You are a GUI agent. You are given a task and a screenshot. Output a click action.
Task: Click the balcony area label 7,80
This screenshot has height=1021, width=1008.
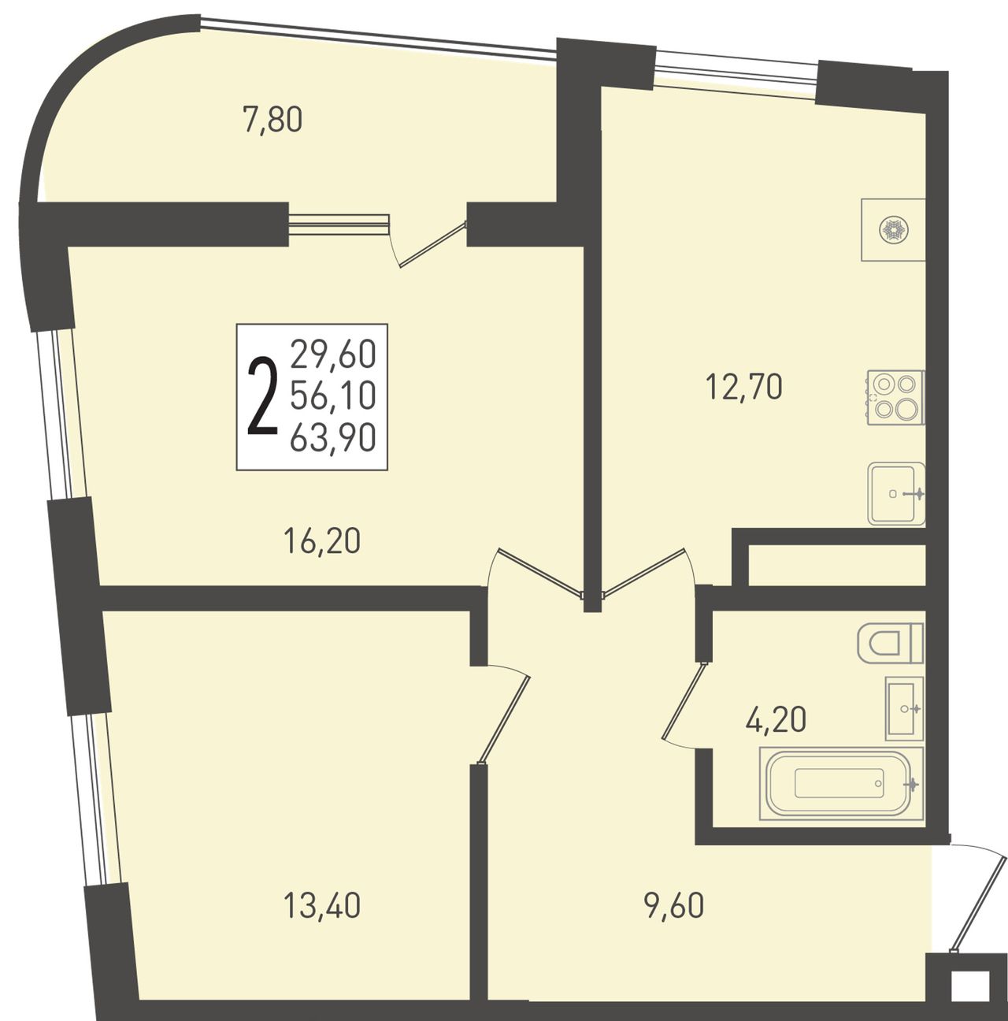click(x=272, y=120)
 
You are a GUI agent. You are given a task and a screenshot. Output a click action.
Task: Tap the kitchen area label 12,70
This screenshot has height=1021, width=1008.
click(x=744, y=387)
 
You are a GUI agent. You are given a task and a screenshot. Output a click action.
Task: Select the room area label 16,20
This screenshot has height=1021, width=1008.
click(x=322, y=541)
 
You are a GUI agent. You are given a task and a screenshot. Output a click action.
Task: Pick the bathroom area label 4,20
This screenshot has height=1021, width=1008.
click(x=776, y=719)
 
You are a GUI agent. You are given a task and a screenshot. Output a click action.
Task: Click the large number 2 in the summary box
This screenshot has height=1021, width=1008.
click(x=263, y=396)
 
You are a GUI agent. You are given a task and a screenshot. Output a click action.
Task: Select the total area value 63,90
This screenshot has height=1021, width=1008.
click(x=333, y=439)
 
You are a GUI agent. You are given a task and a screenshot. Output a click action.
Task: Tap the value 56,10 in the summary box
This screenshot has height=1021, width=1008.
click(x=333, y=396)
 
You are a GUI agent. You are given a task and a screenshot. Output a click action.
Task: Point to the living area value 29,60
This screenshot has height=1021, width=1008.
click(x=333, y=354)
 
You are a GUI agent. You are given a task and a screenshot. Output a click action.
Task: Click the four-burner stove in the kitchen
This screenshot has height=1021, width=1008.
click(x=895, y=397)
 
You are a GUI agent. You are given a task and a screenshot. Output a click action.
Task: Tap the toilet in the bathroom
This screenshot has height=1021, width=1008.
click(x=891, y=642)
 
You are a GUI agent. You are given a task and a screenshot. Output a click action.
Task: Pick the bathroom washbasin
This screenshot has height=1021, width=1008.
click(x=904, y=708)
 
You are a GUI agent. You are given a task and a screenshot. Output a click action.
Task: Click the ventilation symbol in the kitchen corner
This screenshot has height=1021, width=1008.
click(x=893, y=230)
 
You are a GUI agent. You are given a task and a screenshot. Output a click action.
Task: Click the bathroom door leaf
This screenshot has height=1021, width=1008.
click(x=684, y=700)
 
